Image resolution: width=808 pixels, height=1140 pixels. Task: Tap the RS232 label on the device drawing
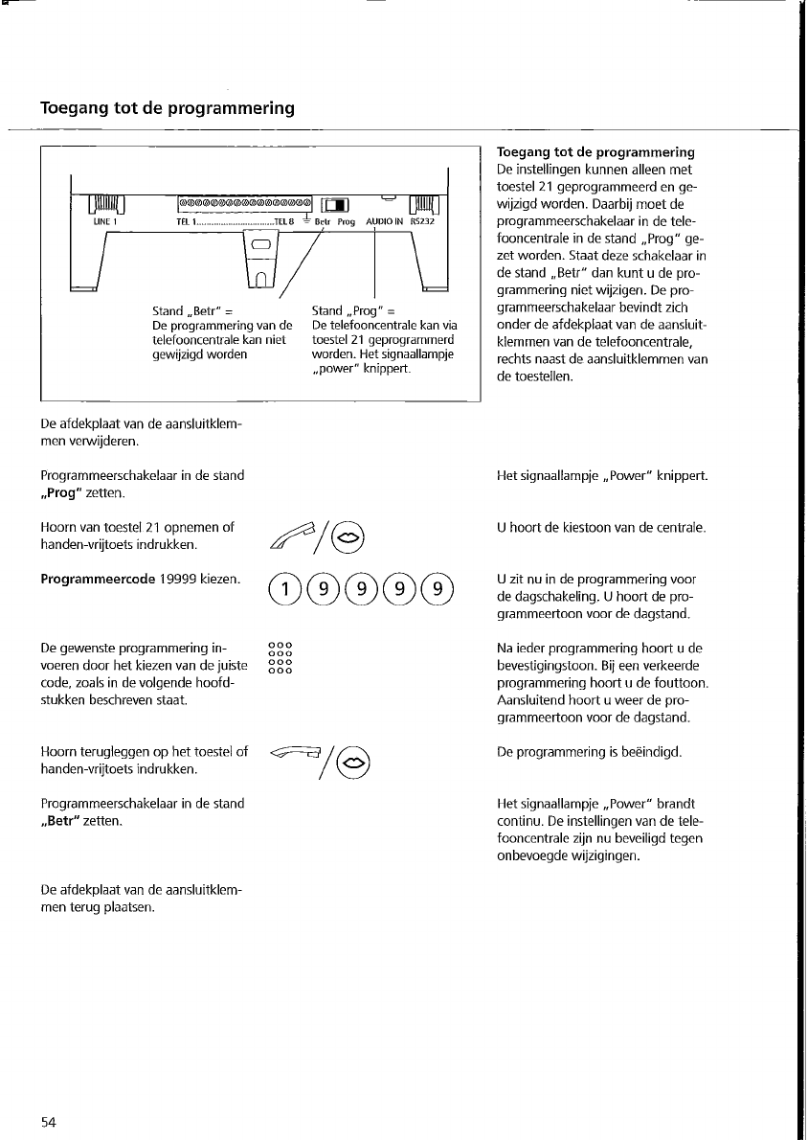422,222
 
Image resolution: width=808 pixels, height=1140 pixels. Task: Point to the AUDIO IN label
384,222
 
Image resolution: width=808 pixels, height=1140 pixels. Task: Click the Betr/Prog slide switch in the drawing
338,203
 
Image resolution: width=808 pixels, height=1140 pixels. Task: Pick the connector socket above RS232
422,203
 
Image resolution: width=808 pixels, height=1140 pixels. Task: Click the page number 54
50,1123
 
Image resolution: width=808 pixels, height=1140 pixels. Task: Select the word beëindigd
647,753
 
